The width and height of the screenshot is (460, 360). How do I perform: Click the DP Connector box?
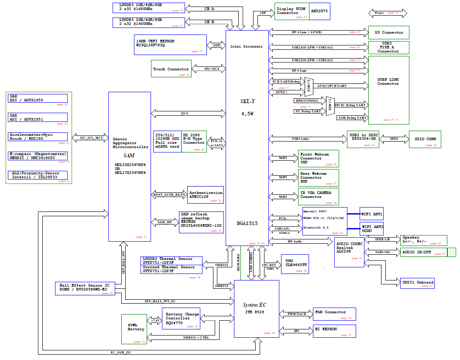tap(388, 32)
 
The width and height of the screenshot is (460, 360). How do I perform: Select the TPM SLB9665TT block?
tap(295, 264)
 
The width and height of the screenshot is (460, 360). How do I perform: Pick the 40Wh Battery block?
tap(134, 329)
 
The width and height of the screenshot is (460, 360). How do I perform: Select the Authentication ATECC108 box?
tap(206, 194)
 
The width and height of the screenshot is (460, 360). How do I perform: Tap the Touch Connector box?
tap(171, 69)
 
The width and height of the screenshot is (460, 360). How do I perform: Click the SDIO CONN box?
tap(425, 139)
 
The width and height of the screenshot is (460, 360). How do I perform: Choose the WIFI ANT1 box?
tap(371, 214)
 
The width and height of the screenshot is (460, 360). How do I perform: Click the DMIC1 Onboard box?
tap(417, 283)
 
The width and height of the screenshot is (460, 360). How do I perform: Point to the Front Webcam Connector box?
tap(319, 159)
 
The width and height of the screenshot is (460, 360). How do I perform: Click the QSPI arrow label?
tap(216, 45)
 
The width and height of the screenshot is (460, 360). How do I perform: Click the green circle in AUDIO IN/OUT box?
tap(452, 252)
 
